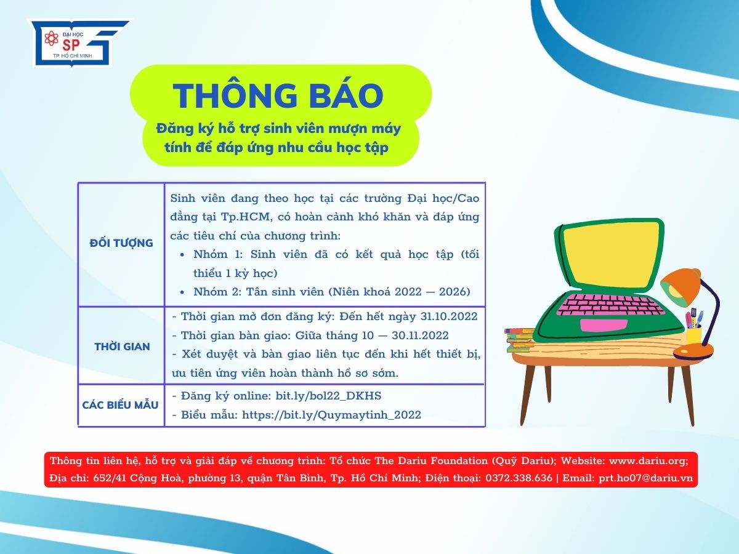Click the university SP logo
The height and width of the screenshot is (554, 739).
click(80, 43)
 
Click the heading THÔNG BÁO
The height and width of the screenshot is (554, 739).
click(278, 95)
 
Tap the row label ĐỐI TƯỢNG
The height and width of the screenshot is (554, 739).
click(121, 243)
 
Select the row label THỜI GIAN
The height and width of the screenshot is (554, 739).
click(122, 347)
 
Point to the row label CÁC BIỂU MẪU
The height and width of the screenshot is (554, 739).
click(120, 404)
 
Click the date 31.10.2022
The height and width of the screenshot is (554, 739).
click(448, 316)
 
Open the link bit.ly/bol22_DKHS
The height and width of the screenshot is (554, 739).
click(328, 396)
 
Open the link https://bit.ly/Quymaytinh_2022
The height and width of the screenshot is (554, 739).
click(331, 415)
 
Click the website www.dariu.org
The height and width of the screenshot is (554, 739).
click(648, 460)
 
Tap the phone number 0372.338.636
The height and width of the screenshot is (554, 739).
click(519, 478)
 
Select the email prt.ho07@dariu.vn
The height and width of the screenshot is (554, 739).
click(646, 478)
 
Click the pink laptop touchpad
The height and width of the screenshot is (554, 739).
click(604, 324)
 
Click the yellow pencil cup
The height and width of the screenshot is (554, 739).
click(693, 335)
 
